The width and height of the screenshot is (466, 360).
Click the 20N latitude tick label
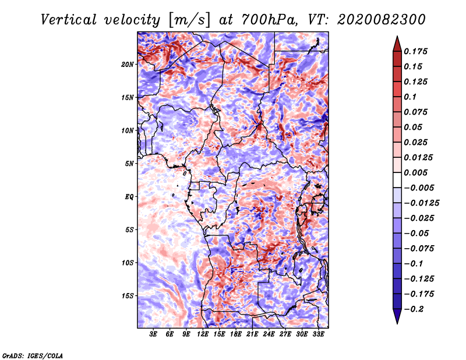[x=128, y=65]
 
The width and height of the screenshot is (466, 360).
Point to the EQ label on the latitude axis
[x=129, y=197]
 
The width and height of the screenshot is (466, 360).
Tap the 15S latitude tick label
[x=128, y=296]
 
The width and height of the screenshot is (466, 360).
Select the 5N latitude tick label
[x=129, y=164]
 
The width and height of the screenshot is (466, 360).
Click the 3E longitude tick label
[x=153, y=334]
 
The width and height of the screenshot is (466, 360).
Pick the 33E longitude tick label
[x=318, y=334]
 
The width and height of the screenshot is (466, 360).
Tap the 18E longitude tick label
[x=236, y=334]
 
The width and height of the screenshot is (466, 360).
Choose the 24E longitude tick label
[x=269, y=334]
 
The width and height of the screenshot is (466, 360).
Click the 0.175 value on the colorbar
[x=415, y=51]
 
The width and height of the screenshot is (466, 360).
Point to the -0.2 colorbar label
[x=414, y=309]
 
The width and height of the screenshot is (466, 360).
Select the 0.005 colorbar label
[x=415, y=172]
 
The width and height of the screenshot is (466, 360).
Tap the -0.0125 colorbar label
[x=421, y=203]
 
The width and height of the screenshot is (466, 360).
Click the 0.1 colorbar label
[x=410, y=97]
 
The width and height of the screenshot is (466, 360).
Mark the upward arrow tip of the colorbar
[x=397, y=36]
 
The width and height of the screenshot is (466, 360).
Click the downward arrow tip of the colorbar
[x=397, y=323]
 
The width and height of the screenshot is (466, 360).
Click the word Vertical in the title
[x=69, y=20]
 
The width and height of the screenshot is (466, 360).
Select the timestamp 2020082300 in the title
[x=382, y=20]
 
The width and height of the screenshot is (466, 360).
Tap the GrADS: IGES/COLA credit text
[x=33, y=356]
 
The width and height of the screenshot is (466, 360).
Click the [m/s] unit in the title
[x=189, y=20]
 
